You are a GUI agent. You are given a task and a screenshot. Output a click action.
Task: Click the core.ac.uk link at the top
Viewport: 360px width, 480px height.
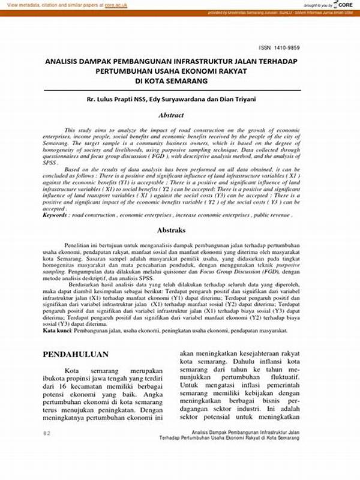(117, 4)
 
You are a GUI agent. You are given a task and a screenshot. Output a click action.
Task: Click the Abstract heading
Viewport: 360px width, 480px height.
(171, 115)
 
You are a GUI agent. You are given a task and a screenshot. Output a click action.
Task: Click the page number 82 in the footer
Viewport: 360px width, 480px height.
(47, 433)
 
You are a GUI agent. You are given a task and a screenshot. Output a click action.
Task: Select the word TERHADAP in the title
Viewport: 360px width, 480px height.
(277, 61)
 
